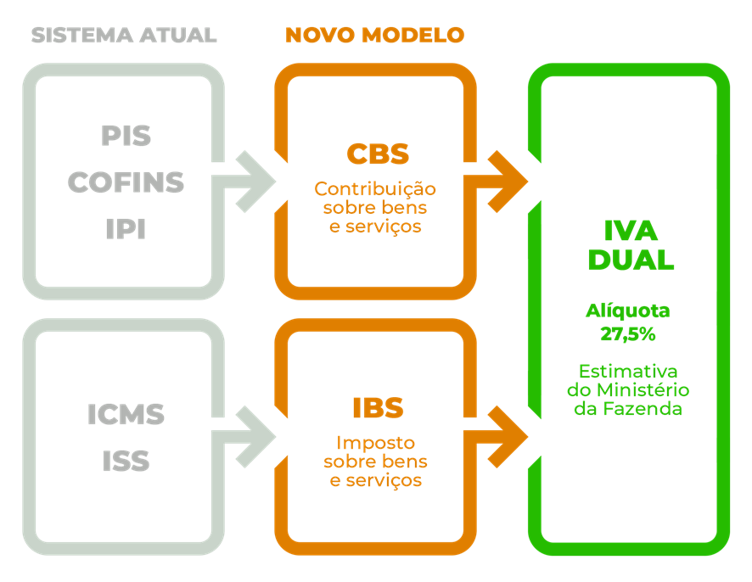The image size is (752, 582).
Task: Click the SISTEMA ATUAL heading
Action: (123, 36)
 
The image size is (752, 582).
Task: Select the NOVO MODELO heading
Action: (374, 36)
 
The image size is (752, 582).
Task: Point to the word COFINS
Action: (126, 182)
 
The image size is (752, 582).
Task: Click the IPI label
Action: (126, 229)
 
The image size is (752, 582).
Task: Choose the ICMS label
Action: (126, 416)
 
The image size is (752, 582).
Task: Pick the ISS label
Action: (126, 462)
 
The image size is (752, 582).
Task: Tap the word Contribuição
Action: (375, 188)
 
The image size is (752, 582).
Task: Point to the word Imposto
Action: (375, 443)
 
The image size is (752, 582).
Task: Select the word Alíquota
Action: (628, 311)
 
